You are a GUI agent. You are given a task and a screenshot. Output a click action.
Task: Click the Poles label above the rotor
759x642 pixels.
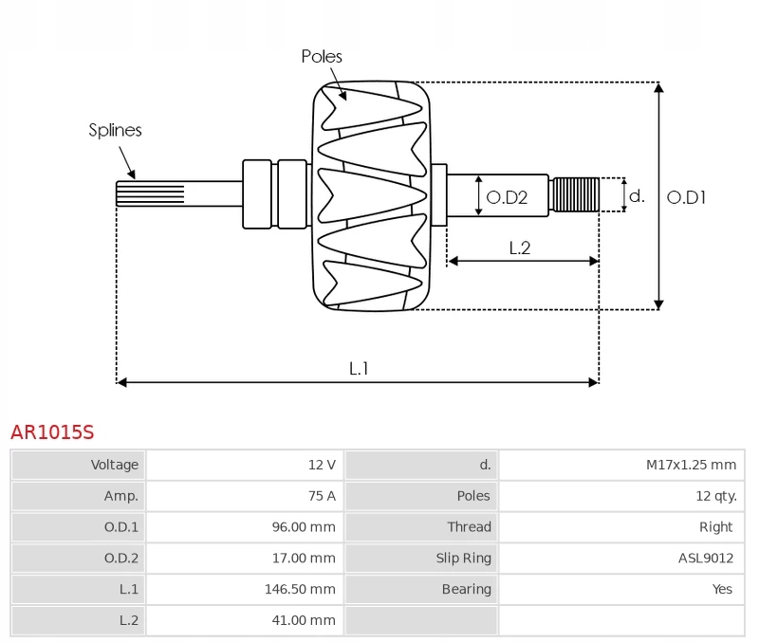coord(322,57)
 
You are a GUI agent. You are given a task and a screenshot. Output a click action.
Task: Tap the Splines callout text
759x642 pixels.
coord(115,131)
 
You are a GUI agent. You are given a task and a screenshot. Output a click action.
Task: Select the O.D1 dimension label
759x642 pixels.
coord(686,198)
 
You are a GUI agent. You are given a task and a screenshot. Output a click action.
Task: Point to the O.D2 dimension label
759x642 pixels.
coord(506,198)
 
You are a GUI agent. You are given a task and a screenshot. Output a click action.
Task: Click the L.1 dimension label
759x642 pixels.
coord(359,368)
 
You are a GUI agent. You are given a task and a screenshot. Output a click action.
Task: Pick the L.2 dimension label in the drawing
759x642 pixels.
coord(519,248)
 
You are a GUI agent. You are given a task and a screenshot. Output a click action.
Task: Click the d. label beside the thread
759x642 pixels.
coord(637,196)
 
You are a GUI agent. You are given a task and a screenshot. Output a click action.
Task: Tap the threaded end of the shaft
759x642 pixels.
coord(576,195)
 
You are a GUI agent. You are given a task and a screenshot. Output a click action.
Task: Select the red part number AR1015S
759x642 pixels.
coord(52,432)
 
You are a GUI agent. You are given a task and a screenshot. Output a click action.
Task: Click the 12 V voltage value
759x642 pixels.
coord(322,465)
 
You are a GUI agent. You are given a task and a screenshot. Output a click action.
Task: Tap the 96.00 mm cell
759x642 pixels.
coord(304,527)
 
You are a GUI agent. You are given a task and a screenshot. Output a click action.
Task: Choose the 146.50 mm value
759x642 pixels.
coord(300,589)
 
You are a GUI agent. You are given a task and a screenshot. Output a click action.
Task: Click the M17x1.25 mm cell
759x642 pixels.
coord(691,465)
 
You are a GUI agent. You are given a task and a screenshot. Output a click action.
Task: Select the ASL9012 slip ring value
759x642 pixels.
coord(707,558)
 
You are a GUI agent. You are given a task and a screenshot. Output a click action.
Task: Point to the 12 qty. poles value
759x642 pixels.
coord(715,496)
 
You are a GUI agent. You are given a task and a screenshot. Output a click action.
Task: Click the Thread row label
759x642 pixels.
coord(469,527)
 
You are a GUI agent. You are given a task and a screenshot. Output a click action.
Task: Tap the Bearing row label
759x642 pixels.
coord(466,589)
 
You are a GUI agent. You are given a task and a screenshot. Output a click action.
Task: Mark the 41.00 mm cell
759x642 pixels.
coord(304,620)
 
